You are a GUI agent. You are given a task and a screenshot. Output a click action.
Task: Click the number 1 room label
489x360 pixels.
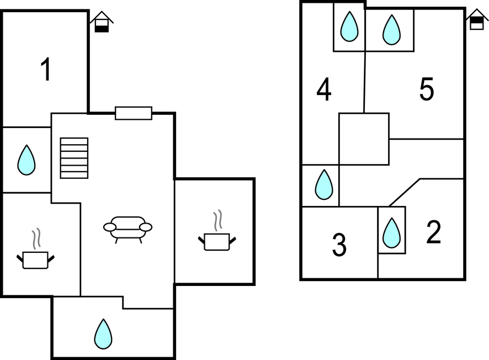tap(46, 70)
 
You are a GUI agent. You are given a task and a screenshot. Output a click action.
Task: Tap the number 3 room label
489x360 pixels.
tap(339, 245)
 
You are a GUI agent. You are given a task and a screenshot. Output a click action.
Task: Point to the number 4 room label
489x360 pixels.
tap(324, 90)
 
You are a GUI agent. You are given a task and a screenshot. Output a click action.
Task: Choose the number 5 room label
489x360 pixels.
tap(426, 90)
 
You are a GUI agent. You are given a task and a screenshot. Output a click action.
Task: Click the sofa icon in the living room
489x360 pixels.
tap(127, 228)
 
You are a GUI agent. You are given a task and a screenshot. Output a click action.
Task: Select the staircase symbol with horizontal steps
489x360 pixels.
tap(74, 158)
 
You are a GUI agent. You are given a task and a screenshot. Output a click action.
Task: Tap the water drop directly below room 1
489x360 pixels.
tap(26, 160)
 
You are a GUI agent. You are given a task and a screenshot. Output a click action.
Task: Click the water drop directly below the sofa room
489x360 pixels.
tap(103, 333)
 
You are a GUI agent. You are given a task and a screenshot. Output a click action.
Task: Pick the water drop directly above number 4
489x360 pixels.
tap(349, 27)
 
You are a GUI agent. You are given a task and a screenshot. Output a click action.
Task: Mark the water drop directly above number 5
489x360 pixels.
tap(391, 30)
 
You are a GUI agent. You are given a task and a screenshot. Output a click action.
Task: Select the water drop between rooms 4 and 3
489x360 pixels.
tap(323, 184)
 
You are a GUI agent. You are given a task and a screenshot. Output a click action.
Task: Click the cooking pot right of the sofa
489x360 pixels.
tap(216, 241)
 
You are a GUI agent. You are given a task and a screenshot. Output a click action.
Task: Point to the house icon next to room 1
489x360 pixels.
tap(102, 22)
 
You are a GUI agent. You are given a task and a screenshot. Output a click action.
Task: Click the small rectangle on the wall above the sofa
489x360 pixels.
tap(134, 113)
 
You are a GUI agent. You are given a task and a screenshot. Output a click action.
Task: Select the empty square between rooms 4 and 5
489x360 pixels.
tap(364, 139)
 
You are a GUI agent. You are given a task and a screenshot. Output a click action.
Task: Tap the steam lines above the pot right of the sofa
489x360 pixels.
tap(218, 220)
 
